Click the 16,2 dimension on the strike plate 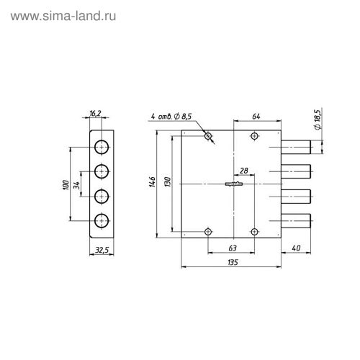click(x=96, y=114)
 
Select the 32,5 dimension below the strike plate click(x=102, y=250)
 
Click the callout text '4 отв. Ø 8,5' click(x=172, y=115)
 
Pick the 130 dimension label click(x=167, y=183)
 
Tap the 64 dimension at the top click(x=257, y=115)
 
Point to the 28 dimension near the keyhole click(x=245, y=170)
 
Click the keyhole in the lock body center click(x=235, y=184)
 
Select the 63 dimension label click(x=232, y=247)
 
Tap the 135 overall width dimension click(x=232, y=264)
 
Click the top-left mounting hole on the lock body click(x=208, y=136)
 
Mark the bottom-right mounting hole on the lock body click(x=253, y=231)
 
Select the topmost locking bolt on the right click(x=296, y=148)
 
